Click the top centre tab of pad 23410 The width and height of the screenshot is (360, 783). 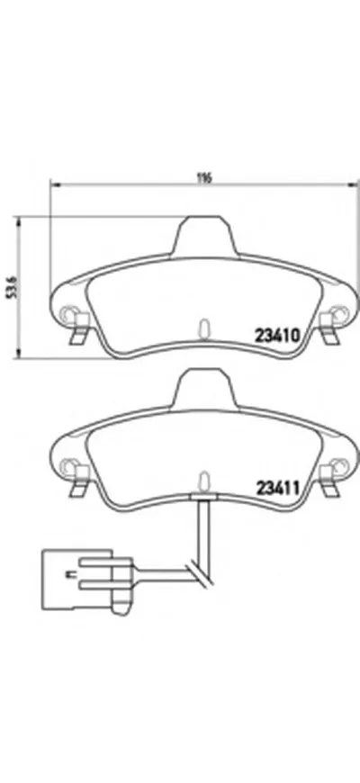[204, 236]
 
